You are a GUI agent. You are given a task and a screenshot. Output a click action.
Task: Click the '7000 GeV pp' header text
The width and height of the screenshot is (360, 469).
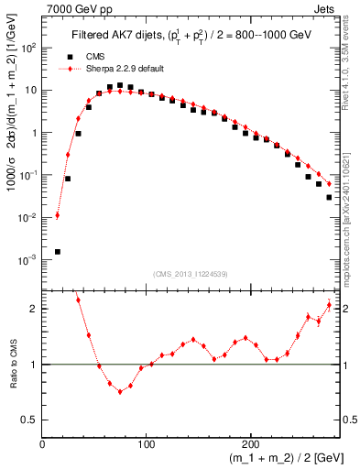[71, 7]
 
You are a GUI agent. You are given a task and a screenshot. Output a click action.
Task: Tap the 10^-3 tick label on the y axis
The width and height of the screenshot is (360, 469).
[28, 260]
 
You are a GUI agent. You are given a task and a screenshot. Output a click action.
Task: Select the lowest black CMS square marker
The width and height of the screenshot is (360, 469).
[58, 251]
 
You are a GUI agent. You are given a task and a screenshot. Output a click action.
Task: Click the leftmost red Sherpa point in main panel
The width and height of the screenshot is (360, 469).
[58, 216]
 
